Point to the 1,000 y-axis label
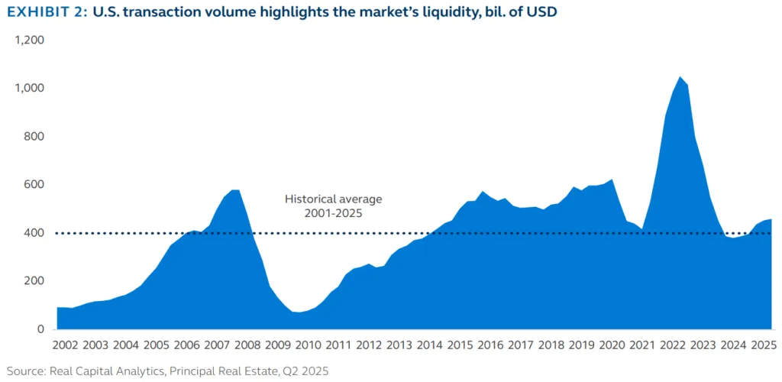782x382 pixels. (x=30, y=88)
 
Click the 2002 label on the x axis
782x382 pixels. (x=66, y=345)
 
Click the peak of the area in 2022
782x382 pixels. (x=678, y=77)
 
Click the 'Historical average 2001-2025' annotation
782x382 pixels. (x=333, y=206)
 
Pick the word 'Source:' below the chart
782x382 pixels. (x=26, y=370)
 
